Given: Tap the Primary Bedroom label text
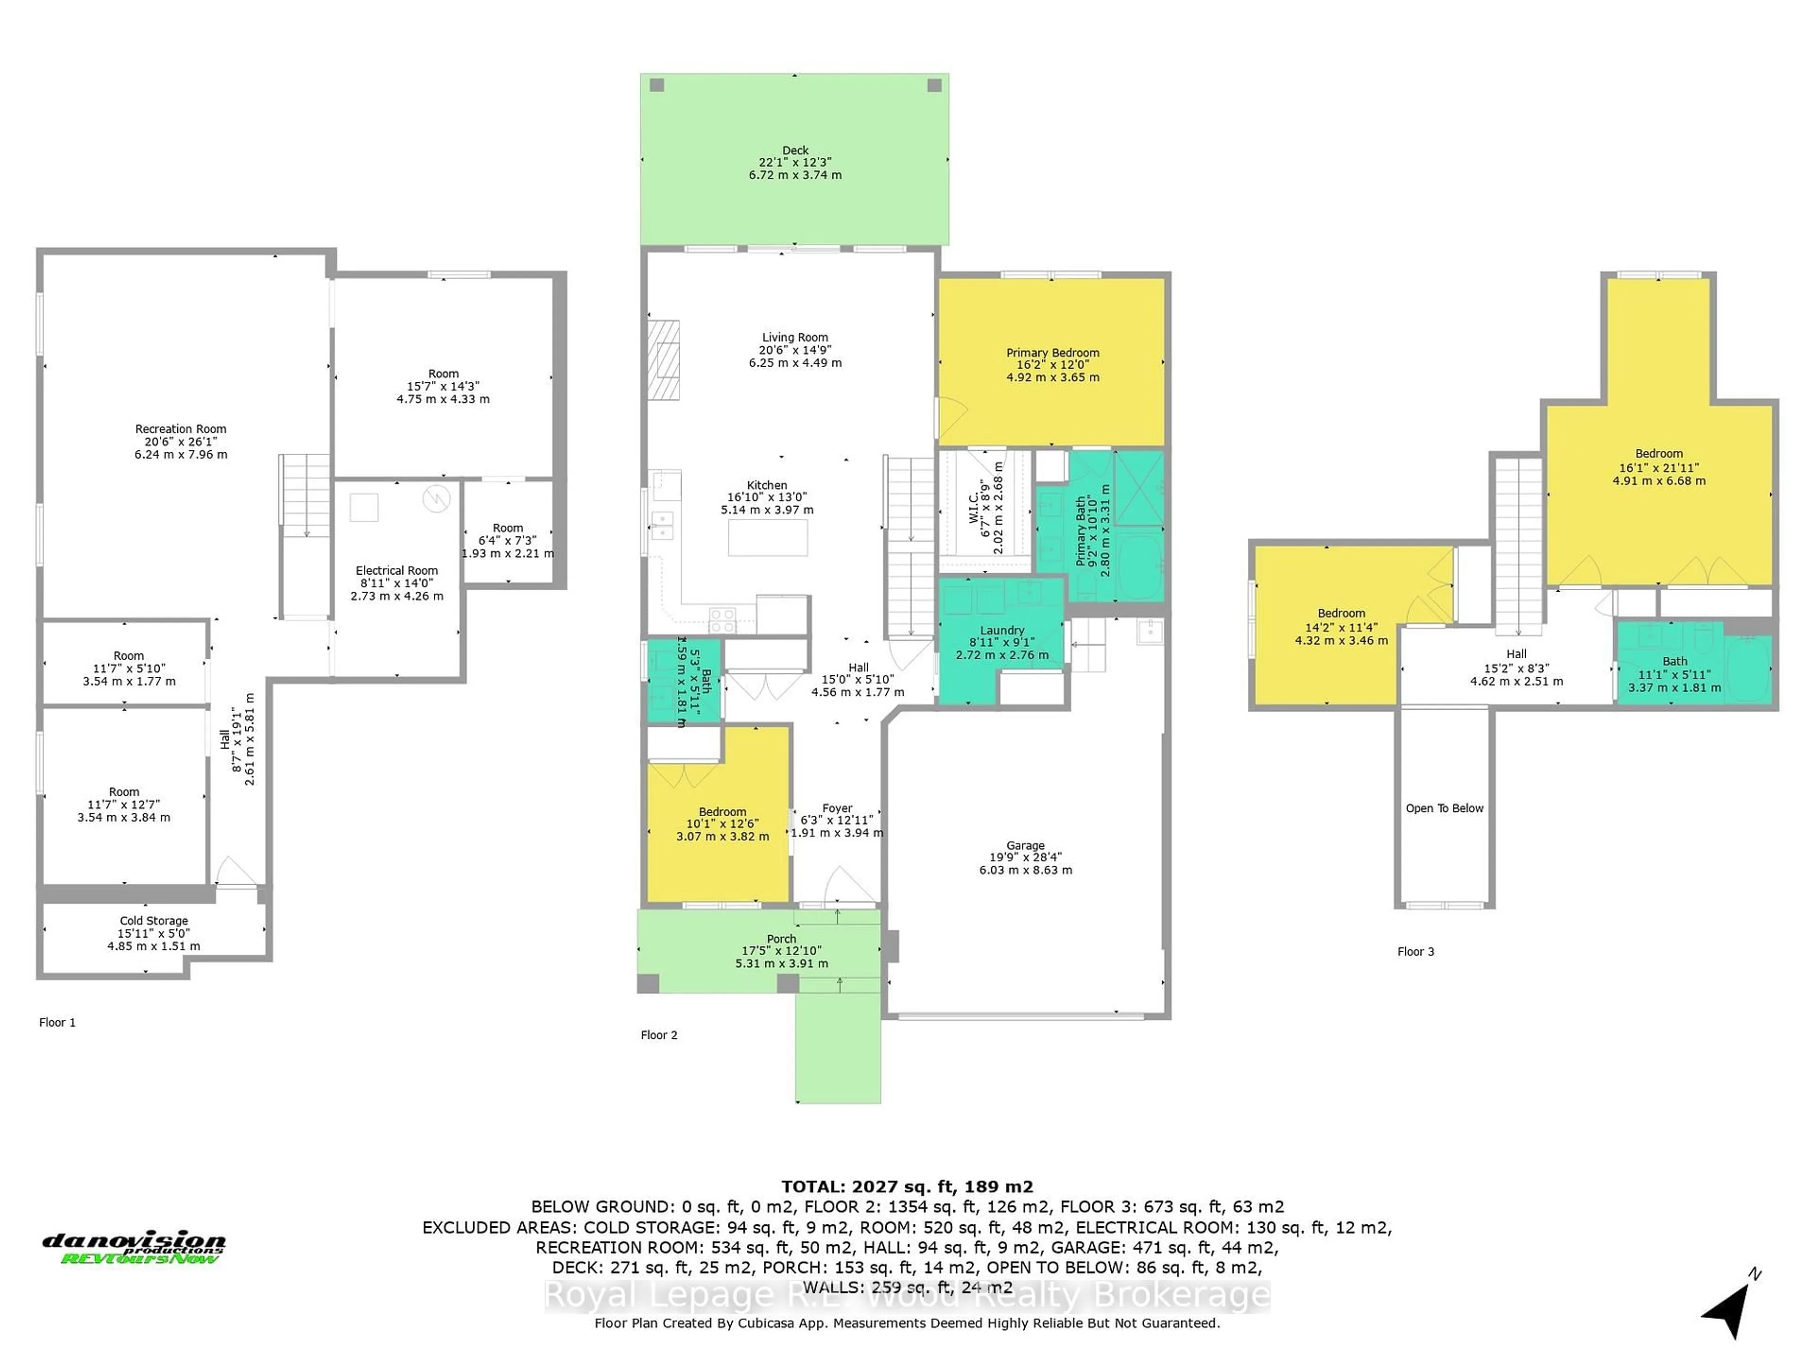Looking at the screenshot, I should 1052,353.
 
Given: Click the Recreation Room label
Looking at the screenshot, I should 181,429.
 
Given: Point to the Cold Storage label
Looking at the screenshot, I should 154,921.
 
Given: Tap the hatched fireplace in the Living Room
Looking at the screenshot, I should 663,360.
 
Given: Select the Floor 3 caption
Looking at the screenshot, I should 1416,952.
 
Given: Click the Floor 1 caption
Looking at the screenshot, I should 58,1022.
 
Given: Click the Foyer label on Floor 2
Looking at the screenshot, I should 837,808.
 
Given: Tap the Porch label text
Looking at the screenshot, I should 781,939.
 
